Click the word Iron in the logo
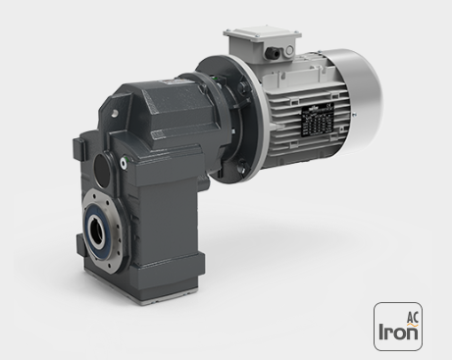pyautogui.click(x=398, y=332)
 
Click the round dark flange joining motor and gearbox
pyautogui.click(x=221, y=118)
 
